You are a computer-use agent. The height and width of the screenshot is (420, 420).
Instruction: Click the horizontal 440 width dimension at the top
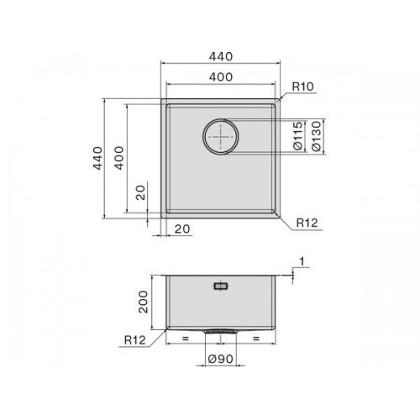(221, 56)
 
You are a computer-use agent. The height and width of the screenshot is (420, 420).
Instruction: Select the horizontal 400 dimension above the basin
(221, 77)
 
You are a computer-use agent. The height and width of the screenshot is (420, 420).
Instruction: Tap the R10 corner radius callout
(302, 87)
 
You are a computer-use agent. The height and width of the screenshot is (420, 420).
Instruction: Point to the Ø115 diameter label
(298, 135)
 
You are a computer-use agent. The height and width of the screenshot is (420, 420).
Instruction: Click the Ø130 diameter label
(317, 136)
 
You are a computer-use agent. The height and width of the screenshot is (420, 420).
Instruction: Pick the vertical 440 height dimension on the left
(97, 158)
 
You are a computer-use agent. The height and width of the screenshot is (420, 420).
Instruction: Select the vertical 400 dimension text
(119, 158)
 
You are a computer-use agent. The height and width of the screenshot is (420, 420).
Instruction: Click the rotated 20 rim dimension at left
(140, 192)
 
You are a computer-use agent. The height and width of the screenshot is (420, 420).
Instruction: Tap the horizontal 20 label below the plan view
(182, 229)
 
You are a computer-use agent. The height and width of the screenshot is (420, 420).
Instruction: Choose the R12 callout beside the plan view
(307, 223)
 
